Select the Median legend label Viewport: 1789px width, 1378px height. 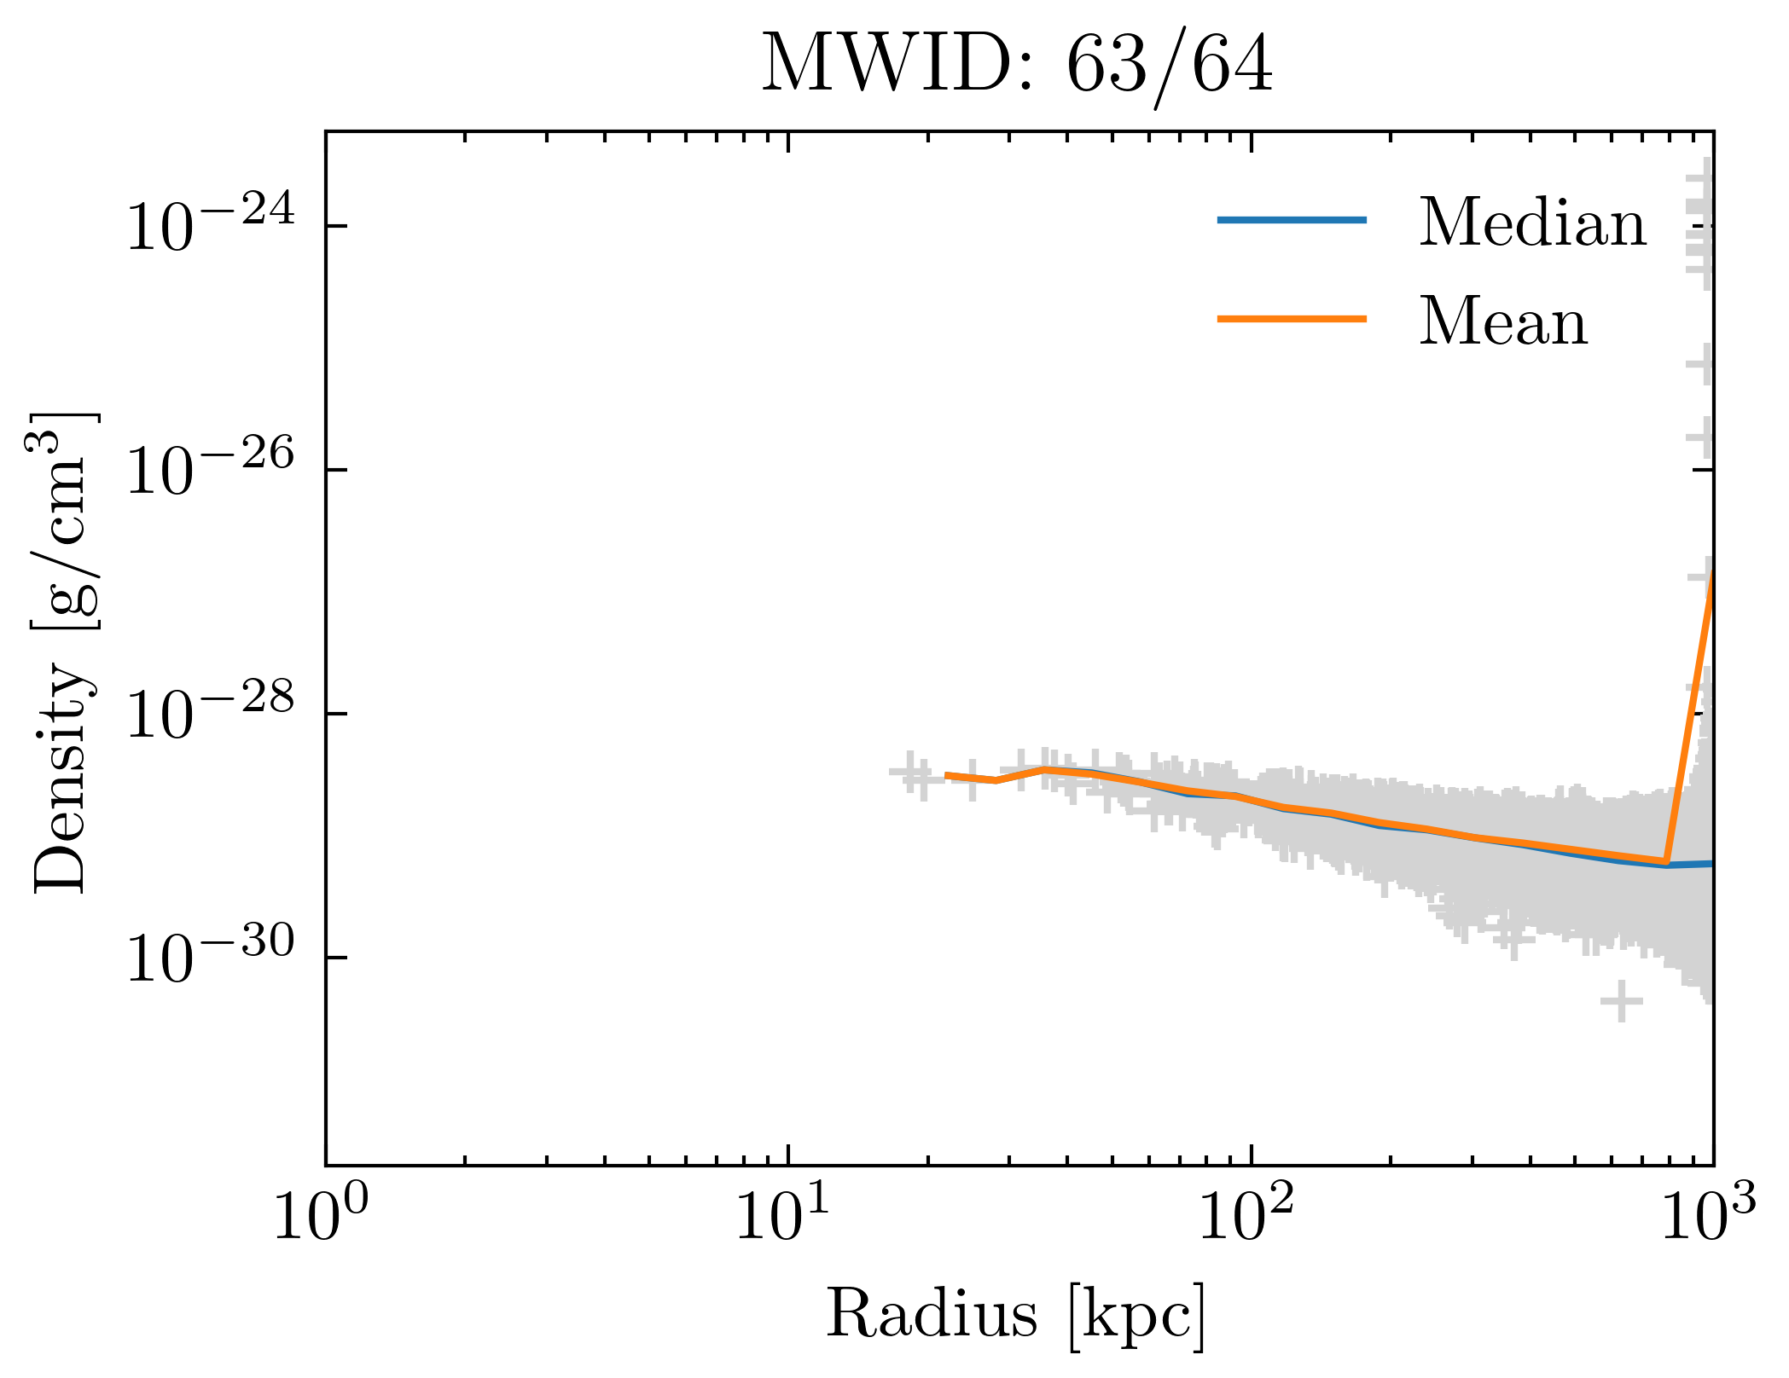click(1532, 223)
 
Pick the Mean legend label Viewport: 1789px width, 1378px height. click(1502, 321)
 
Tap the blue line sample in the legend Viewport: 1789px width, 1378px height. click(1292, 220)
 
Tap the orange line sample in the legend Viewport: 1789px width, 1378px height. click(1292, 319)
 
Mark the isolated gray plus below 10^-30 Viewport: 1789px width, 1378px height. click(1621, 1001)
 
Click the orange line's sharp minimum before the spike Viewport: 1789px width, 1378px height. click(1664, 861)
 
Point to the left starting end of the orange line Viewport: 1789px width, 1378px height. click(946, 775)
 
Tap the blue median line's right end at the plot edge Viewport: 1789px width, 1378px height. click(1711, 864)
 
